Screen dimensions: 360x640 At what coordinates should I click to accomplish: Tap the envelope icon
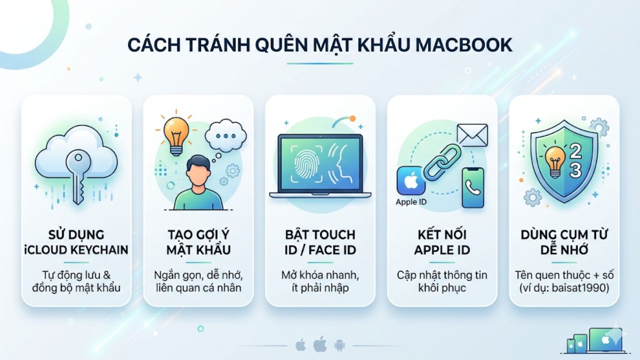coord(472,135)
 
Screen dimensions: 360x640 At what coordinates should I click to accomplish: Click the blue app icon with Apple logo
coord(411,181)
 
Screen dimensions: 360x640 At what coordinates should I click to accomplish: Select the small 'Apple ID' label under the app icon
coord(411,202)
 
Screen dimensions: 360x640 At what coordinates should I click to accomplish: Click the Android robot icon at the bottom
coord(339,345)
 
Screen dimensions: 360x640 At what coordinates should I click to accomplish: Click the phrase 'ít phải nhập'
coord(319,288)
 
